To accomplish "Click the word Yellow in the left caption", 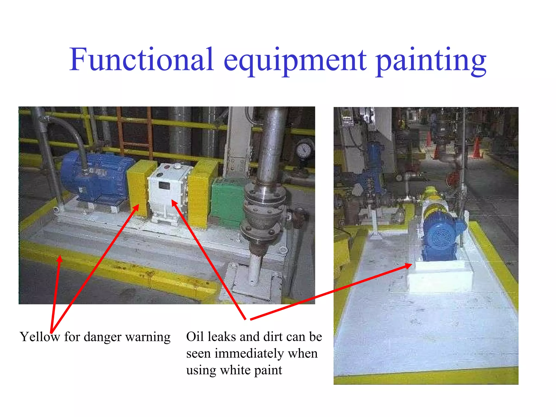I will click(x=40, y=337).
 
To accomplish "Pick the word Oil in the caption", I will click(x=195, y=337).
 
